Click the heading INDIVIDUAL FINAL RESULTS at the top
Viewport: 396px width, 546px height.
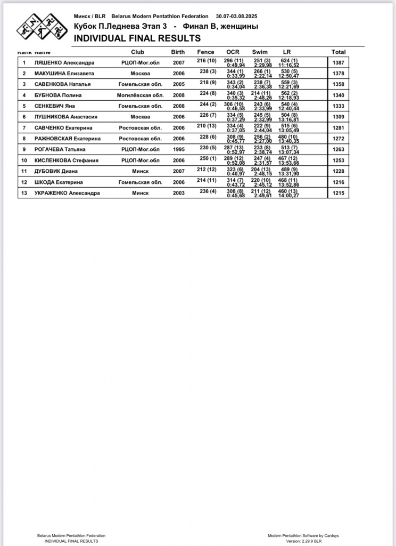pyautogui.click(x=137, y=38)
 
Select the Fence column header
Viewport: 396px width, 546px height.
pyautogui.click(x=205, y=52)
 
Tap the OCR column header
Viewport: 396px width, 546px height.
pyautogui.click(x=233, y=52)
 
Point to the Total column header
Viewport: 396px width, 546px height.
pyautogui.click(x=339, y=52)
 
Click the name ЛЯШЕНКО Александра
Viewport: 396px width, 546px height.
pyautogui.click(x=64, y=62)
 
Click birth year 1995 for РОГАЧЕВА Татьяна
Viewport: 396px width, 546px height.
pyautogui.click(x=179, y=149)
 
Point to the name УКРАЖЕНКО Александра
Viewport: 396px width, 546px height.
pyautogui.click(x=67, y=192)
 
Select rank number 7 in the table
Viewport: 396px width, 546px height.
pyautogui.click(x=24, y=127)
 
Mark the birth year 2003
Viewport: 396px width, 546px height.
pyautogui.click(x=179, y=192)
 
